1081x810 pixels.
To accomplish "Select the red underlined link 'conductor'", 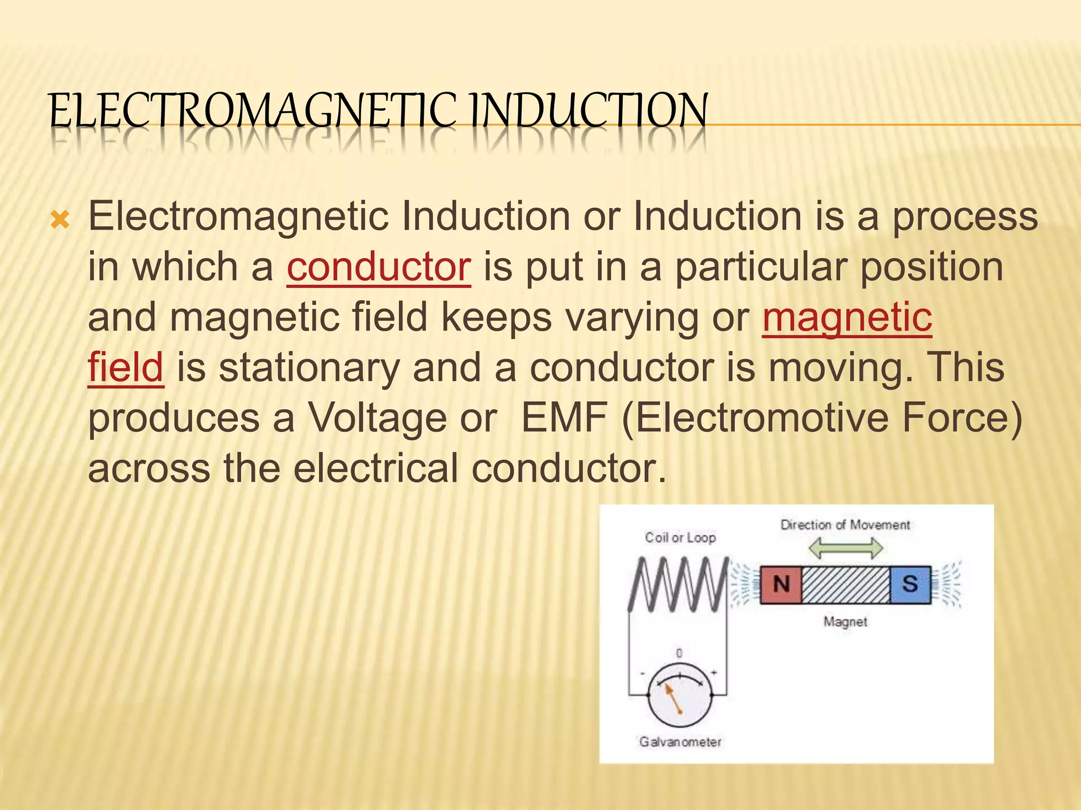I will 378,267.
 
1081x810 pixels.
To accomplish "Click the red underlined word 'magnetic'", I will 847,317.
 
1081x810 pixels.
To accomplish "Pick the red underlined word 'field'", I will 126,368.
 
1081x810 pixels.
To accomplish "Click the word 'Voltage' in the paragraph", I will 377,418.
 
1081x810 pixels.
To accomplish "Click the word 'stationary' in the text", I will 309,368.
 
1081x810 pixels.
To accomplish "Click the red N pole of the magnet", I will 781,585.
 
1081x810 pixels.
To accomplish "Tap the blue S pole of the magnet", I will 910,585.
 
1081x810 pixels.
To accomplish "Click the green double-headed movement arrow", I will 846,548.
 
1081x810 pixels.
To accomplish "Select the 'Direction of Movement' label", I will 845,525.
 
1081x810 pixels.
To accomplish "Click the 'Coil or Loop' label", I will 680,538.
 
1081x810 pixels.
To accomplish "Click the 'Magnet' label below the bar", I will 845,622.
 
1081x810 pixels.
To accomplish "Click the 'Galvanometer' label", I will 680,742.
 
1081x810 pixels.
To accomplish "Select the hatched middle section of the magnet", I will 846,585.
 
